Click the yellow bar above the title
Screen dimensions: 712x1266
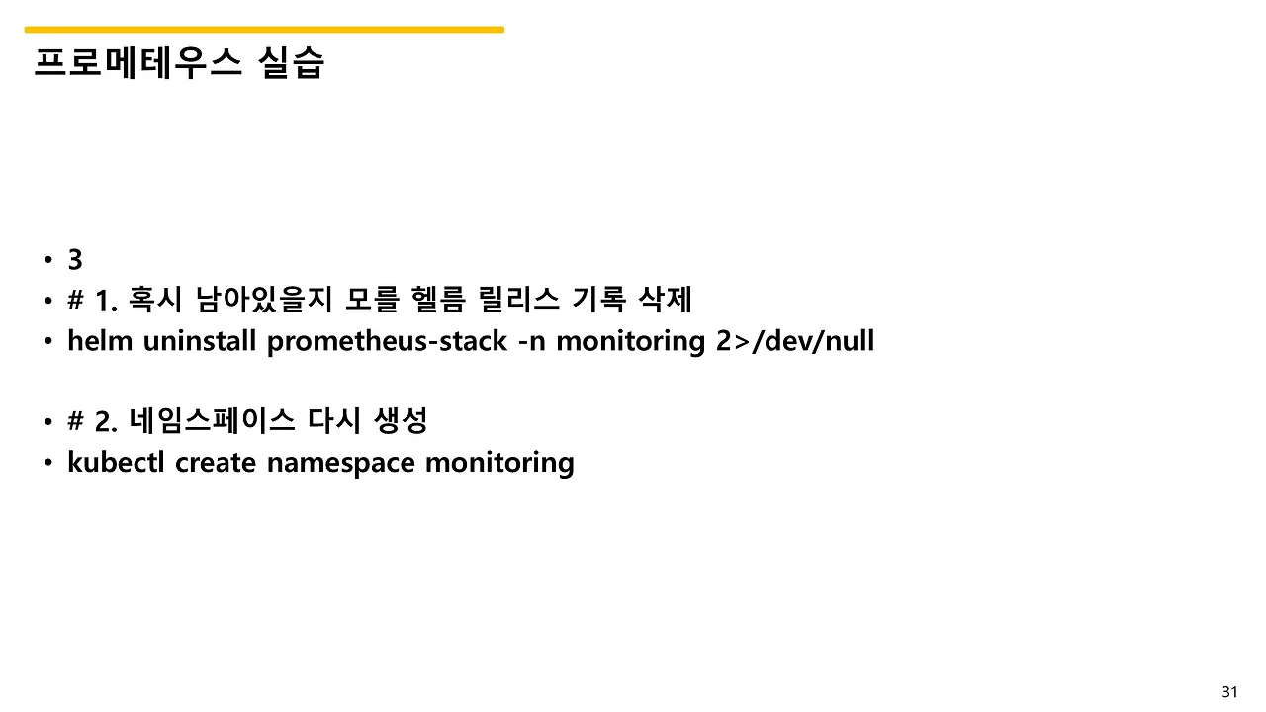(264, 30)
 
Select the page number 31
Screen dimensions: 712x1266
(1229, 691)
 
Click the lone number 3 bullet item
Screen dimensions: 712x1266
(75, 260)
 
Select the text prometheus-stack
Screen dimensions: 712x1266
(389, 341)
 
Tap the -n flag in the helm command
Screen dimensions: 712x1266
(533, 341)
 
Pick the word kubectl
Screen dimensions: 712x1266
(117, 462)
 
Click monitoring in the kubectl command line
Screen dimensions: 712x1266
(499, 462)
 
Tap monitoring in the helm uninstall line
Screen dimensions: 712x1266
(631, 341)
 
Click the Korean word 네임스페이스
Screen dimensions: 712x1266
(213, 421)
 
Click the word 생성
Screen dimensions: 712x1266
(401, 421)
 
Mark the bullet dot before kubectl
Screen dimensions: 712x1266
(47, 463)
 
